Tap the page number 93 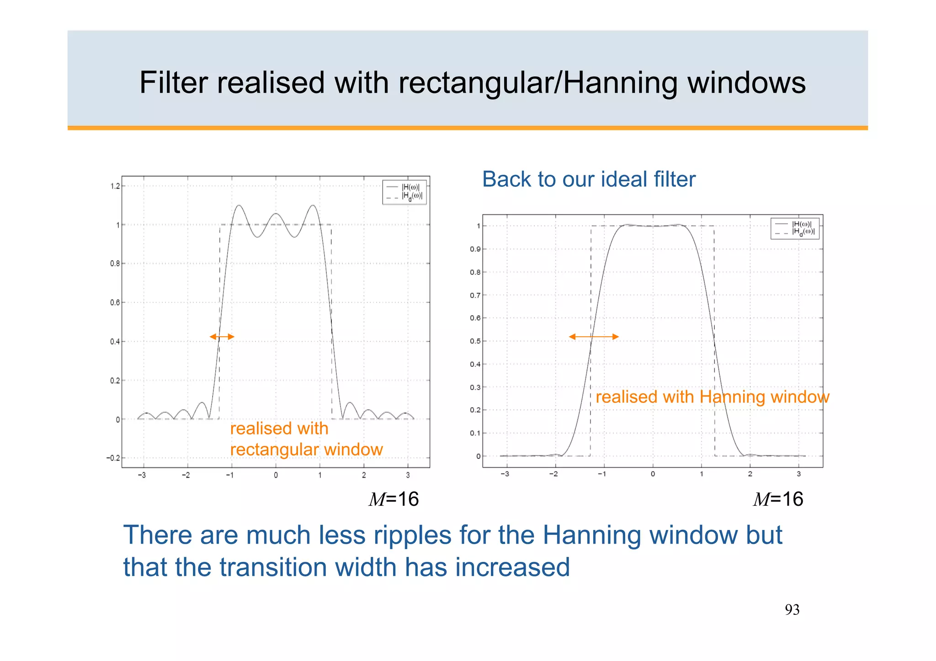(792, 610)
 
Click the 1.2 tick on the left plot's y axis (115, 186)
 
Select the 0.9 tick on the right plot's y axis (475, 249)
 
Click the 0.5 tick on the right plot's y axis (475, 341)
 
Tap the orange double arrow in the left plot (222, 337)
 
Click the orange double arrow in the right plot (594, 337)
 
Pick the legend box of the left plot (404, 192)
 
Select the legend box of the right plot (795, 228)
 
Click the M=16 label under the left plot (394, 499)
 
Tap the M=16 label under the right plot (778, 499)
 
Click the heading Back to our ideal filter (589, 179)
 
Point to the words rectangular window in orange (306, 449)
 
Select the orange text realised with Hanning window (712, 397)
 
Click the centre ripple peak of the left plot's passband (276, 214)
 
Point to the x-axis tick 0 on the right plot (653, 474)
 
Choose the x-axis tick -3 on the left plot (142, 476)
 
